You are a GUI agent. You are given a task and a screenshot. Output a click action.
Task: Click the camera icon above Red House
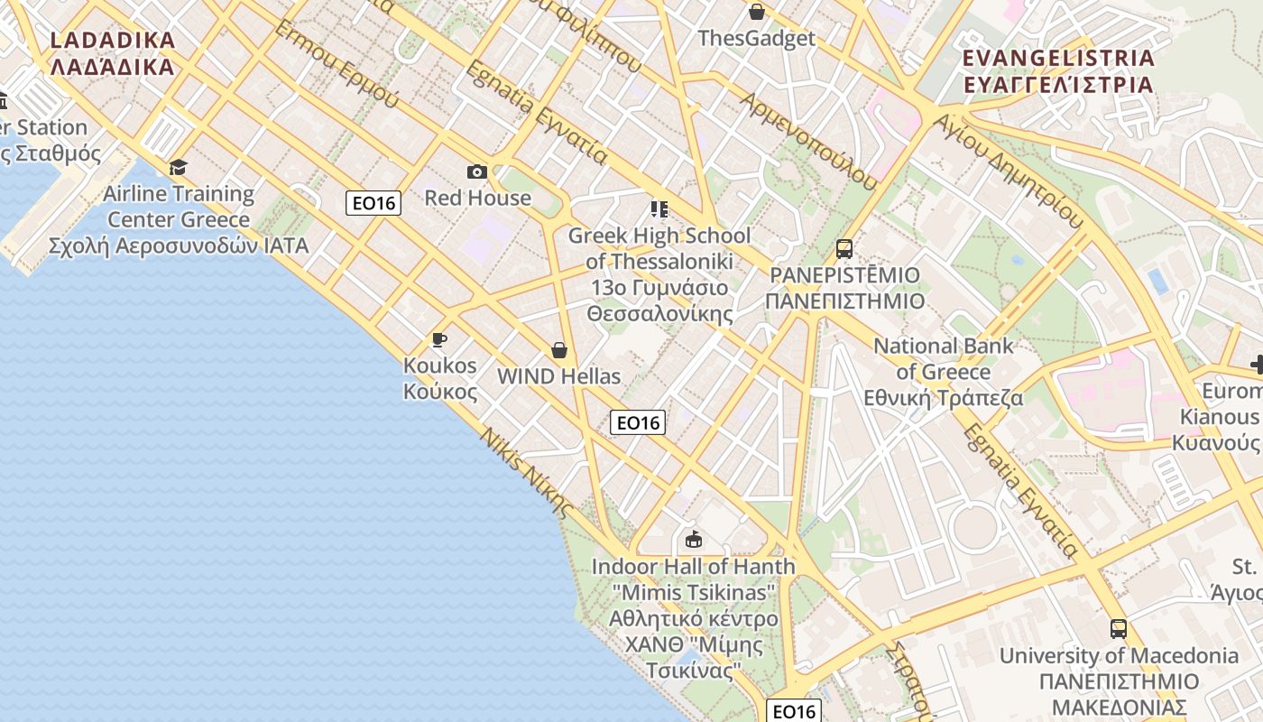pos(477,171)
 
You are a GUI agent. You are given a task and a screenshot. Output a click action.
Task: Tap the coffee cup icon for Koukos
pos(439,339)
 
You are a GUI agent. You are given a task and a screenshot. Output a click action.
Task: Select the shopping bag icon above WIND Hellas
pos(559,350)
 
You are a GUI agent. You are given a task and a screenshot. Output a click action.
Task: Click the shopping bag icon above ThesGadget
pos(757,12)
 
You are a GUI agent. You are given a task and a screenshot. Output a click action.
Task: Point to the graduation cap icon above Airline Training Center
pos(178,167)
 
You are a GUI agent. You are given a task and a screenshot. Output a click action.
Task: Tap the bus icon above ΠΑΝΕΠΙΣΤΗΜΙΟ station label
pos(844,249)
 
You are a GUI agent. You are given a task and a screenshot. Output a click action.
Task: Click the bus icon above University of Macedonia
pos(1119,629)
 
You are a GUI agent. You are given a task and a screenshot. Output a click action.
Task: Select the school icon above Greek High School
pos(659,209)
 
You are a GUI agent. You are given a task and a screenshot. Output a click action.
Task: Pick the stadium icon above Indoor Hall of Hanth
pos(693,540)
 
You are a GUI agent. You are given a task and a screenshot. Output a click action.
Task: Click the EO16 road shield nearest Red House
pos(373,203)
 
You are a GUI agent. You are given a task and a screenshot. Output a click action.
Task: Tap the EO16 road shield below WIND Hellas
pos(638,422)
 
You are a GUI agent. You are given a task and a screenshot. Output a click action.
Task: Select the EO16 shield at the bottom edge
pos(794,711)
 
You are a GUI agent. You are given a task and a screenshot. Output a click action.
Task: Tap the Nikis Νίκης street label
pos(527,472)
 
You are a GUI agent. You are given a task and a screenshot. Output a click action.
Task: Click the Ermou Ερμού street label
pos(336,63)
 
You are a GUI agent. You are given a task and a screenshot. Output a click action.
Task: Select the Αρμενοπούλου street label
pos(808,140)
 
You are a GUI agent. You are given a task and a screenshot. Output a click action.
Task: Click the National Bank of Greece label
pos(944,371)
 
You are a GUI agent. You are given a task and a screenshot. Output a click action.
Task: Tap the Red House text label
pos(477,198)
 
